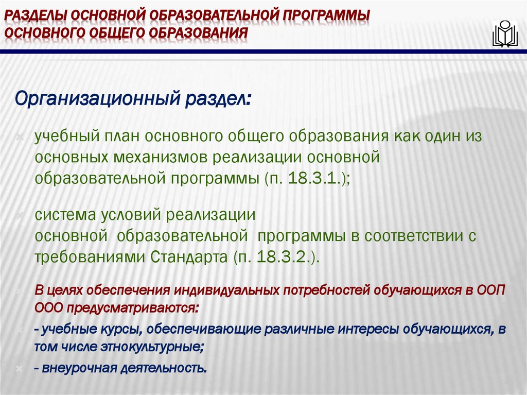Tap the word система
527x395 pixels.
(63, 215)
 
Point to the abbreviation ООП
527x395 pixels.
(490, 290)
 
